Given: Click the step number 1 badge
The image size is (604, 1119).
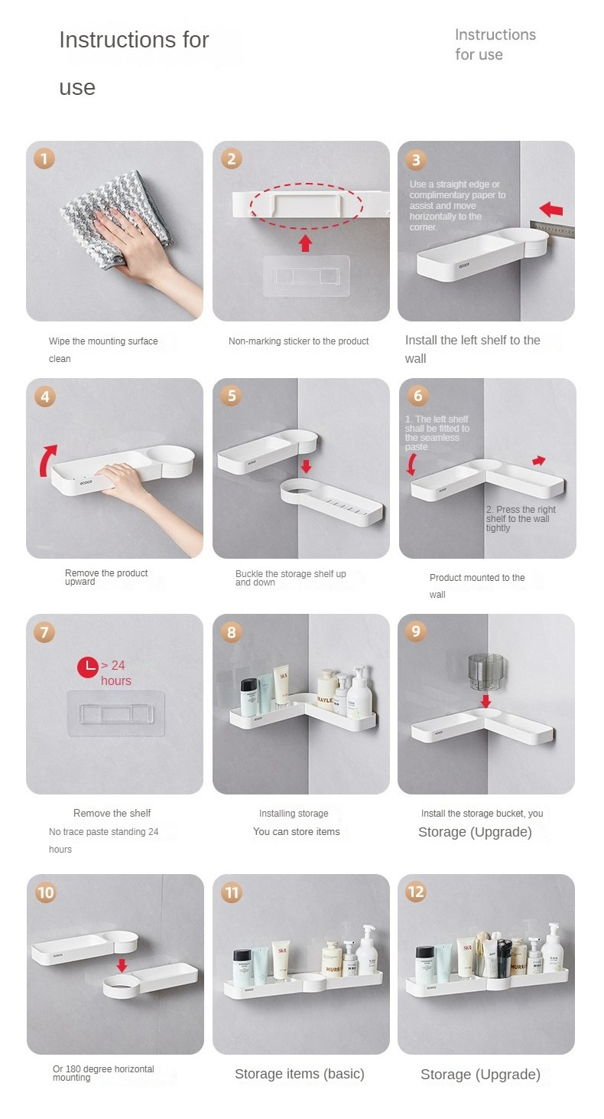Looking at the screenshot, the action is coord(44,159).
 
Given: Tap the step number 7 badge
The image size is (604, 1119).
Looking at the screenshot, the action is coord(44,632).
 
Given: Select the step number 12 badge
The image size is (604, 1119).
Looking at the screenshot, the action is coord(416,892).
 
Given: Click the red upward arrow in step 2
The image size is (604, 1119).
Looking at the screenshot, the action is coord(306,243).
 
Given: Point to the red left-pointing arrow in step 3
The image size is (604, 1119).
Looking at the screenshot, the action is coord(551,209).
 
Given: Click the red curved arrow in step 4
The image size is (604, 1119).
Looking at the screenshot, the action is coord(47,460).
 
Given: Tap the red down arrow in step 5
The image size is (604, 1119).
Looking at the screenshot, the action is coord(306,467).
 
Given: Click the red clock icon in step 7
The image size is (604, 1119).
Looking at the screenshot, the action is coord(88,667).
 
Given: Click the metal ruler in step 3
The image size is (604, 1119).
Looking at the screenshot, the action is coord(552,230).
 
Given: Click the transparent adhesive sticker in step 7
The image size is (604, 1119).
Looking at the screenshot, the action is coord(115,713).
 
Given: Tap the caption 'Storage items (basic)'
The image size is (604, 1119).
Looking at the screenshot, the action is coord(300,1074).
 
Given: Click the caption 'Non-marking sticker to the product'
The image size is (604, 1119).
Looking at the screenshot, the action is coord(298,341).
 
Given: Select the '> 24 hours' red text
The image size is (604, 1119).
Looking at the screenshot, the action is coord(115,673).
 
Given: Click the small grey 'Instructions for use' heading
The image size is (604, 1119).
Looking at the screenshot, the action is coord(495,44).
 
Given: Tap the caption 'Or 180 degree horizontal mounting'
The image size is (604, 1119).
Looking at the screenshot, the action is coord(103,1072).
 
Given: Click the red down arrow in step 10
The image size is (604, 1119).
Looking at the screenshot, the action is coord(122,965).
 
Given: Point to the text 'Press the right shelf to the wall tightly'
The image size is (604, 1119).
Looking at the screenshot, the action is coord(521,518).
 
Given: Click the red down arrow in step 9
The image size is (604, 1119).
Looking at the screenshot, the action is coord(485,701).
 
